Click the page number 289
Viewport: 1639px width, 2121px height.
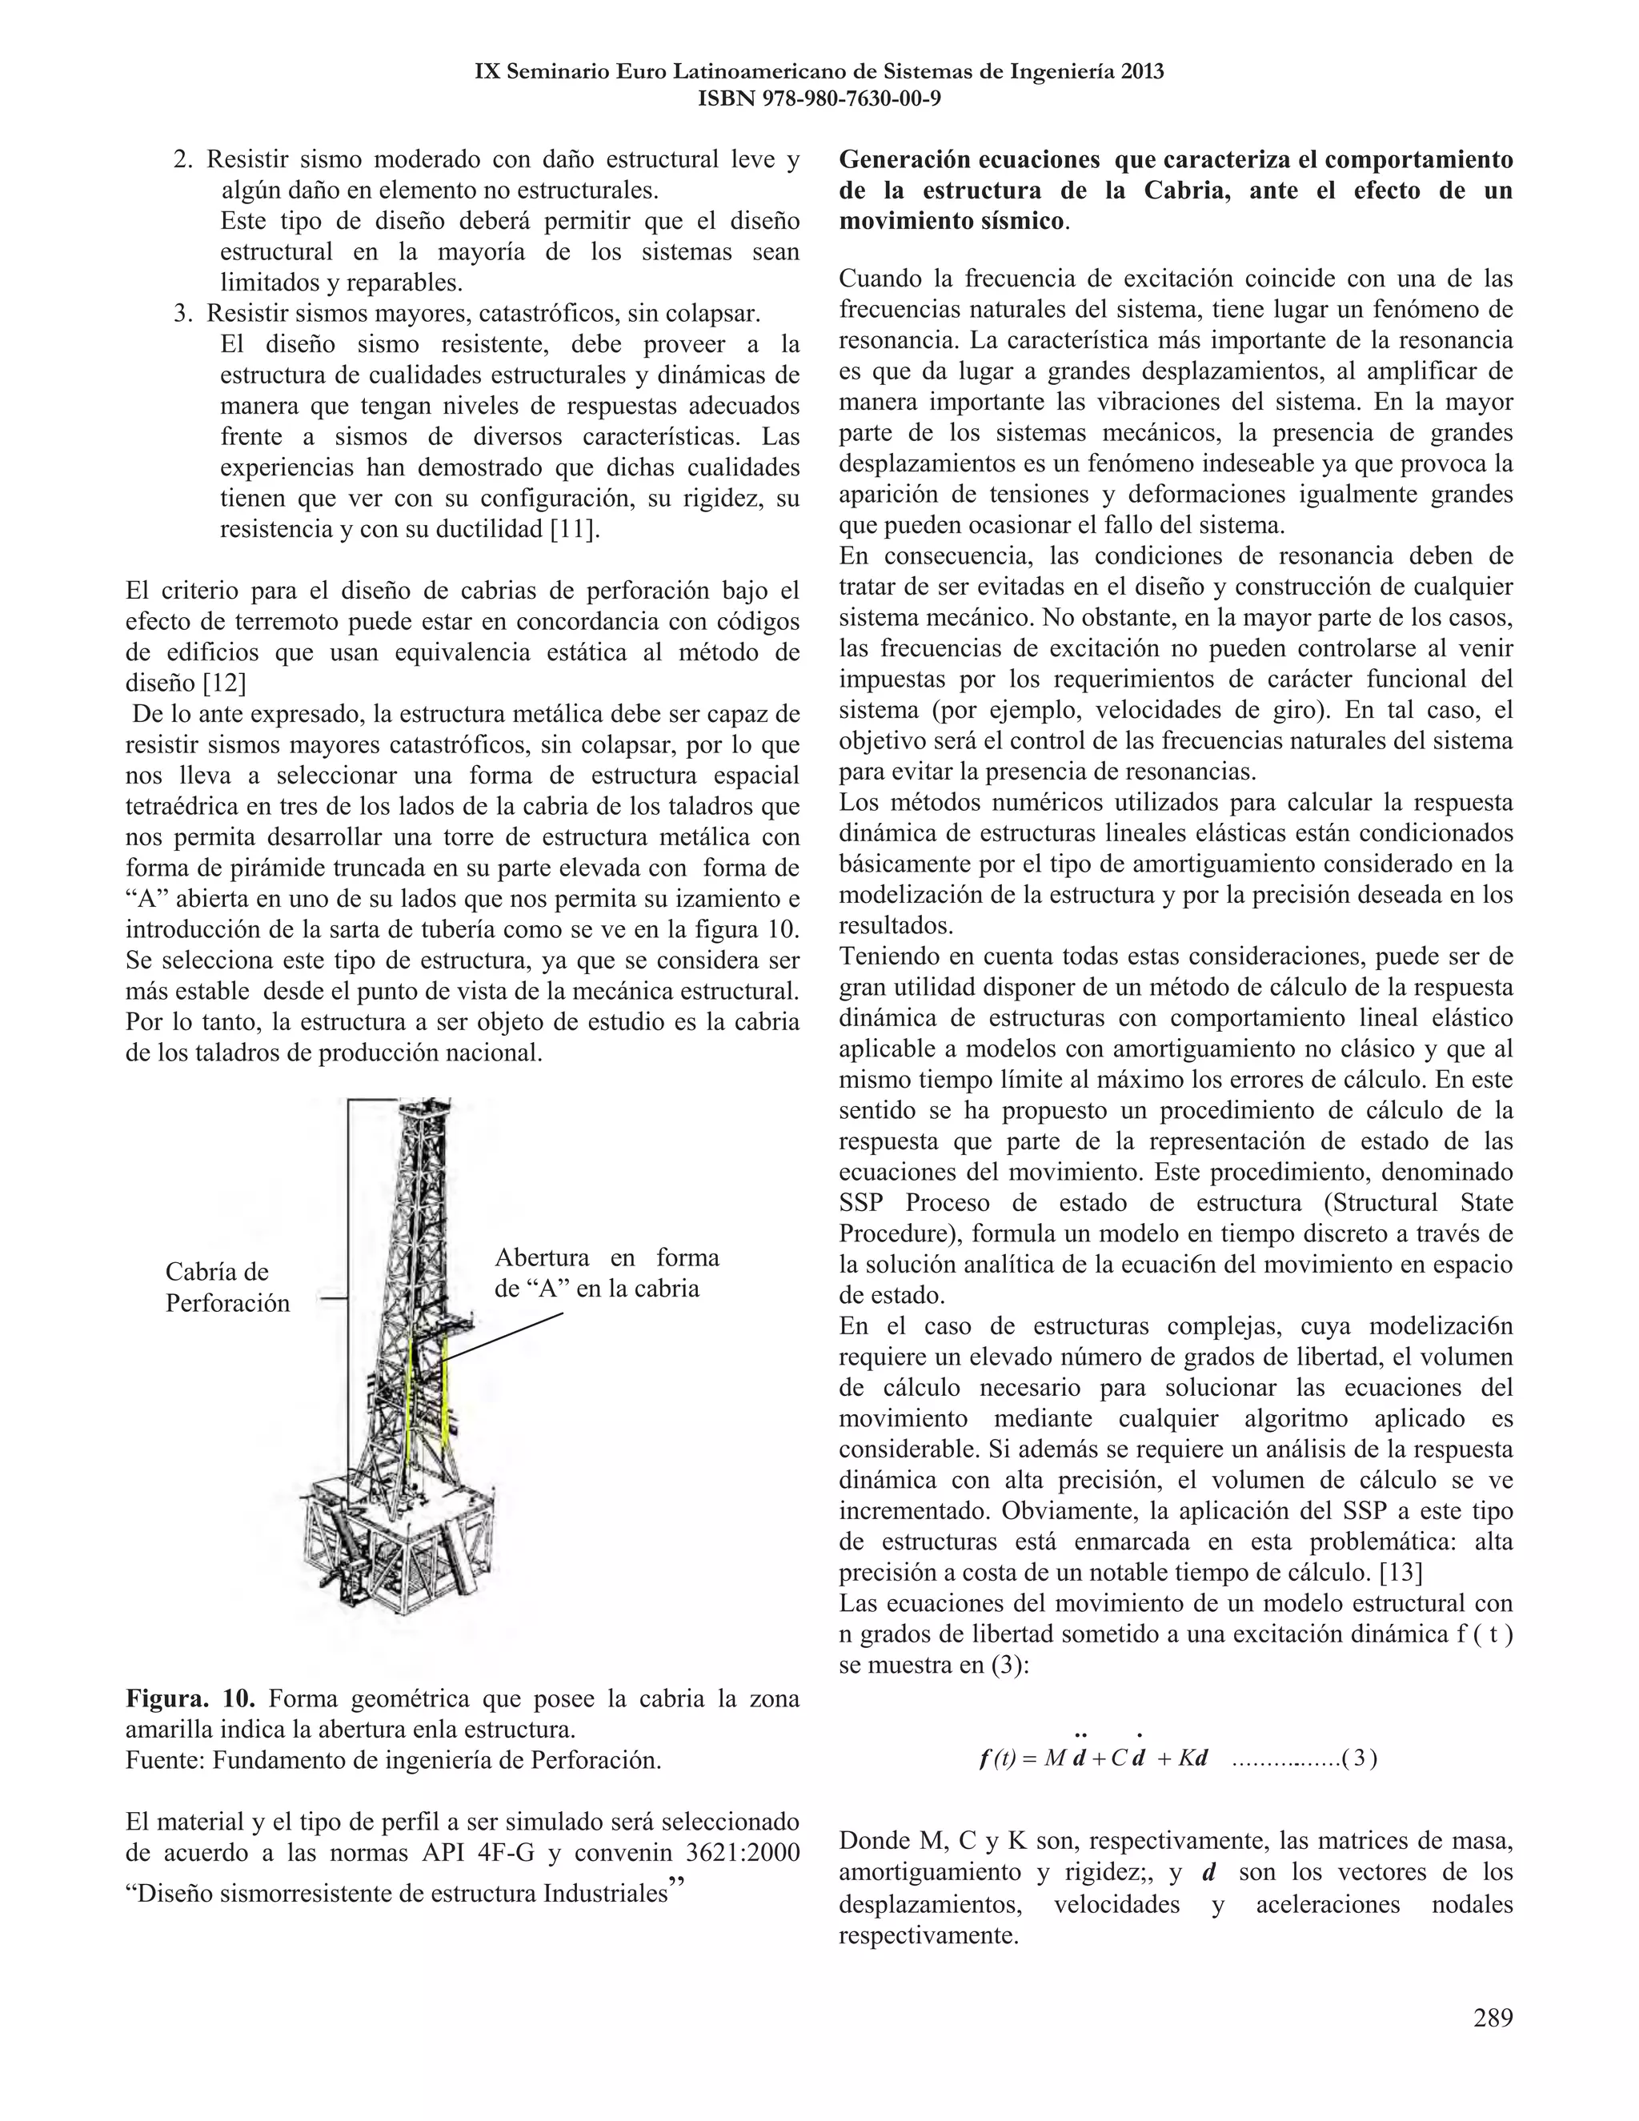(x=1493, y=2019)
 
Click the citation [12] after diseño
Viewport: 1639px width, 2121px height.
(x=223, y=684)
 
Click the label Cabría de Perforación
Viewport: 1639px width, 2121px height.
(x=227, y=1287)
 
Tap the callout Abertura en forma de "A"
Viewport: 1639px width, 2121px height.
(x=606, y=1273)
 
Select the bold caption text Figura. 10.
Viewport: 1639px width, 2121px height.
(x=190, y=1698)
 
